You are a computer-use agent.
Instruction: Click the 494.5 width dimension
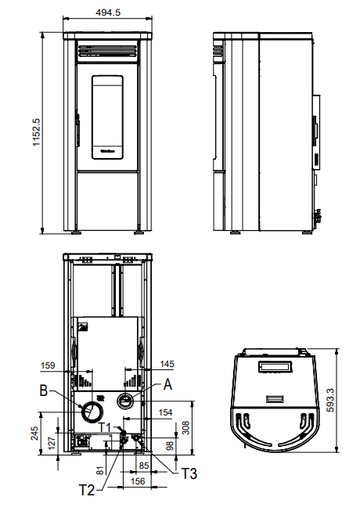pos(107,13)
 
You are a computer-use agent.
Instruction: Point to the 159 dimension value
pos(48,365)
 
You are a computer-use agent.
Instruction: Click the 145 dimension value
pos(166,365)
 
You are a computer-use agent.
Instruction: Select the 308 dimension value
pos(185,427)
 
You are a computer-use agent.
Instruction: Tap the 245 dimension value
pos(35,434)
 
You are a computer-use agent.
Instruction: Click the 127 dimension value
pos(52,443)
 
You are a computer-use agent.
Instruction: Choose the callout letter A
pos(167,384)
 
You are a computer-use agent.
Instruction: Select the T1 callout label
pos(105,428)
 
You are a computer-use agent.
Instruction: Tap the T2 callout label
pos(88,490)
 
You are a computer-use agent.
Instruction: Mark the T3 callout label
pos(189,473)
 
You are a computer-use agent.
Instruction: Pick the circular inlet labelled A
pos(125,401)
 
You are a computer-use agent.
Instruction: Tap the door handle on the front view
pos(77,129)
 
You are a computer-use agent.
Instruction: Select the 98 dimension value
pos(170,446)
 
